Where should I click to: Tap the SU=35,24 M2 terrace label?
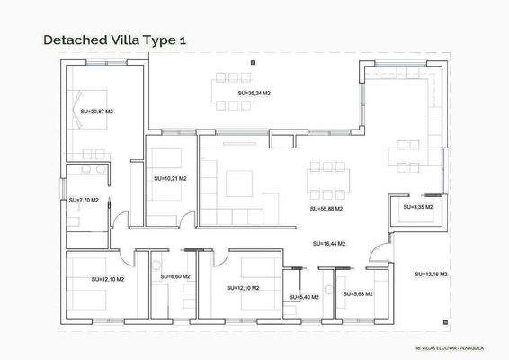pyautogui.click(x=254, y=93)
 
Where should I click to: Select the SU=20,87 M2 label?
pyautogui.click(x=95, y=112)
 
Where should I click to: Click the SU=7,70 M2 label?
pyautogui.click(x=84, y=200)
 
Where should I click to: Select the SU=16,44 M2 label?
pyautogui.click(x=329, y=243)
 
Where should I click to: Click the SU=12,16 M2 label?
pyautogui.click(x=432, y=273)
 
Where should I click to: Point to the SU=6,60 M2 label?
pyautogui.click(x=175, y=276)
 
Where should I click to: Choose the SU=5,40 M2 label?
pyautogui.click(x=303, y=296)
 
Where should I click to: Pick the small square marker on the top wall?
pyautogui.click(x=254, y=62)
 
